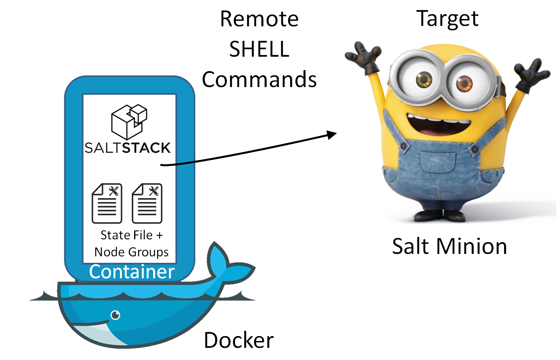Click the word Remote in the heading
point(259,19)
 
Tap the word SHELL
point(259,49)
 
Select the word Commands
point(259,79)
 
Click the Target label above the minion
point(447,19)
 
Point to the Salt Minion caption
point(449,246)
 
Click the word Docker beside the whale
point(239,340)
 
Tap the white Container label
point(132,272)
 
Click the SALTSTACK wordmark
point(128,148)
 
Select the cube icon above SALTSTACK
point(129,121)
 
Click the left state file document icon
point(107,203)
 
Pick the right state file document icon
point(147,203)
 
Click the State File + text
point(132,235)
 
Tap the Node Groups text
point(132,252)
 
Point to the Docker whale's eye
point(115,315)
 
